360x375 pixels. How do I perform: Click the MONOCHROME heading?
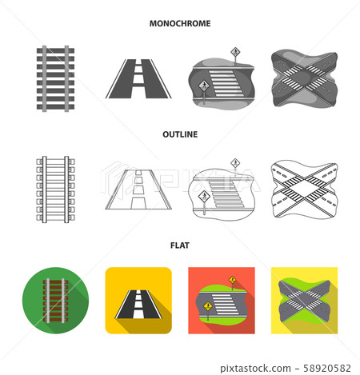180,24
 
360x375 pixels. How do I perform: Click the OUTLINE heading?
180,135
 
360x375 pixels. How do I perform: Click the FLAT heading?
180,246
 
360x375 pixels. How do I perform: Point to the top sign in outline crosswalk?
235,163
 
